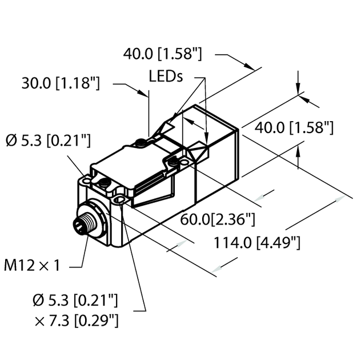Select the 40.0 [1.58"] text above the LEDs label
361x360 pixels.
(163, 55)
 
